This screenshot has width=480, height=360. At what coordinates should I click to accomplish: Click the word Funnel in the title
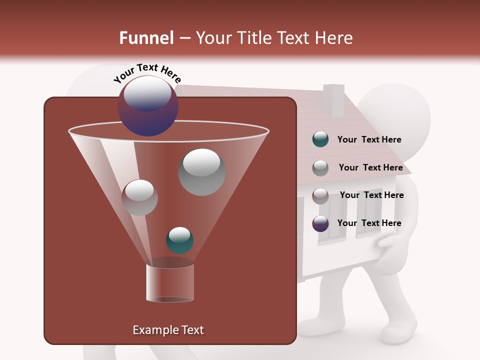(146, 38)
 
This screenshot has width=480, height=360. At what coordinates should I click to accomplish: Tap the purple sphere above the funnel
(147, 106)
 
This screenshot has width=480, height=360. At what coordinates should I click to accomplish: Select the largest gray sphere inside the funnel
(202, 172)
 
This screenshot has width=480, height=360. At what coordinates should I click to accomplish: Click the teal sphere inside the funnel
(179, 240)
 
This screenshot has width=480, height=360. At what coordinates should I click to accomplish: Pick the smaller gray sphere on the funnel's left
(139, 197)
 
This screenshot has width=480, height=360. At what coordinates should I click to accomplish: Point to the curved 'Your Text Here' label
(147, 73)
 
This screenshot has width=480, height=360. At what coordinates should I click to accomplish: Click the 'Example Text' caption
(168, 330)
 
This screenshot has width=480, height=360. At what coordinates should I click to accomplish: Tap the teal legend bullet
(320, 139)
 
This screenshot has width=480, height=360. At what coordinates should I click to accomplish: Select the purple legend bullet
(320, 223)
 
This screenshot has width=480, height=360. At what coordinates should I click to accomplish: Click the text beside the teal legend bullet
(369, 139)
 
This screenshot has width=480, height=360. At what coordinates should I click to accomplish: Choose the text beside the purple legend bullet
(369, 223)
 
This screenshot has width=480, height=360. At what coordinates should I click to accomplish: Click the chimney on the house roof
(333, 99)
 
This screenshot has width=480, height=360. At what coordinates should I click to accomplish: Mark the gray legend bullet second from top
(320, 167)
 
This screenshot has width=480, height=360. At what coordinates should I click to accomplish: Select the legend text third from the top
(371, 195)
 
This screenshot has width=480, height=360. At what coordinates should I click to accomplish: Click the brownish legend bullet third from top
(320, 195)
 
